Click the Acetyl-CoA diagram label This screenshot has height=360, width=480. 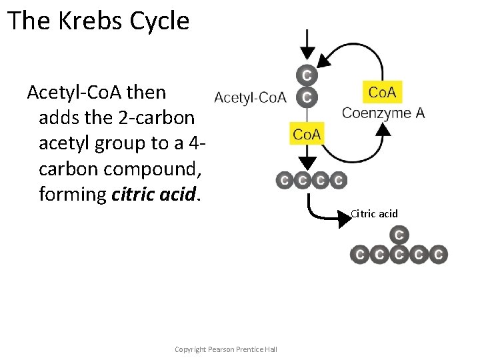coord(250,98)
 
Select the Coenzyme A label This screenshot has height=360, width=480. coord(383,113)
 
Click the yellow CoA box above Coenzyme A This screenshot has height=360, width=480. coord(382,92)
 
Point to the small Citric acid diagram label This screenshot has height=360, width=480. coord(374,213)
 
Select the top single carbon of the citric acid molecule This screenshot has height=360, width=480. coord(399,235)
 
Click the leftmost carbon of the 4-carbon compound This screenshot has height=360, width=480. coord(285,180)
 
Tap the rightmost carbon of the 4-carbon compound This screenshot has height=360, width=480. coord(338,180)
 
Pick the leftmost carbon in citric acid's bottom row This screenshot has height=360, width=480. coord(360,255)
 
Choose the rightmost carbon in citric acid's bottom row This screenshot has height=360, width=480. coord(438,255)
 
